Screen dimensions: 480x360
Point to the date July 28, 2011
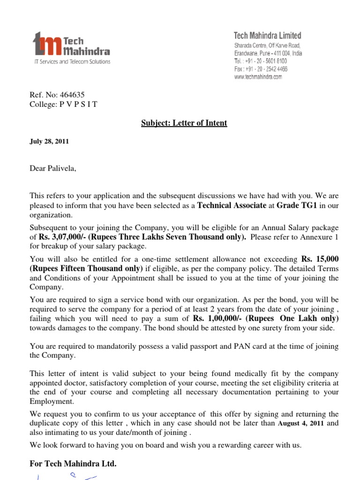click(49, 142)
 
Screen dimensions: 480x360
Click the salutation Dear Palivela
click(52, 169)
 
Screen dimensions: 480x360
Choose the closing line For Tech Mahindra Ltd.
click(73, 464)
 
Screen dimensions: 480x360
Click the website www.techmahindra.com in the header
click(258, 77)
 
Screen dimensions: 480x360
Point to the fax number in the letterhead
click(261, 69)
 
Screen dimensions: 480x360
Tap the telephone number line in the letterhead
click(261, 61)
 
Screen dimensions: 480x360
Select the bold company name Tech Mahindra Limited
click(268, 36)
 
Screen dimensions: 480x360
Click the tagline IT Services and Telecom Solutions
click(70, 62)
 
